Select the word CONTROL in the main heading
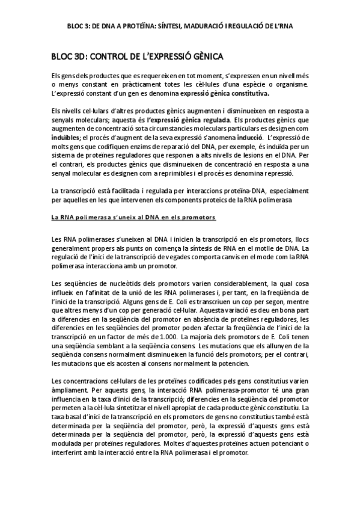103,57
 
